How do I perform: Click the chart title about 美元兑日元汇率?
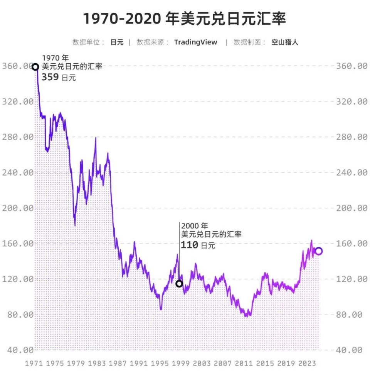[x=185, y=19]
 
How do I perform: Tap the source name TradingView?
[x=195, y=42]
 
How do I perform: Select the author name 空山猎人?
[x=284, y=42]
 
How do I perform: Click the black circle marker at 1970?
[x=35, y=67]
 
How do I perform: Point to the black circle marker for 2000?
[x=179, y=284]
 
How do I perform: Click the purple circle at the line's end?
[x=319, y=251]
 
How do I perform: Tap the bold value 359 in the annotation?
[x=50, y=77]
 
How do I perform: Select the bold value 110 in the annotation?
[x=189, y=245]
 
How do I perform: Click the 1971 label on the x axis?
[x=34, y=364]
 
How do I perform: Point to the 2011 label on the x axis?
[x=244, y=364]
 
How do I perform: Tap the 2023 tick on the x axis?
[x=307, y=364]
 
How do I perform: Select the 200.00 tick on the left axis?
[x=18, y=208]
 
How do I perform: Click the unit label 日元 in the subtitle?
[x=117, y=42]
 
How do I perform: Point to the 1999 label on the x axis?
[x=181, y=364]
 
